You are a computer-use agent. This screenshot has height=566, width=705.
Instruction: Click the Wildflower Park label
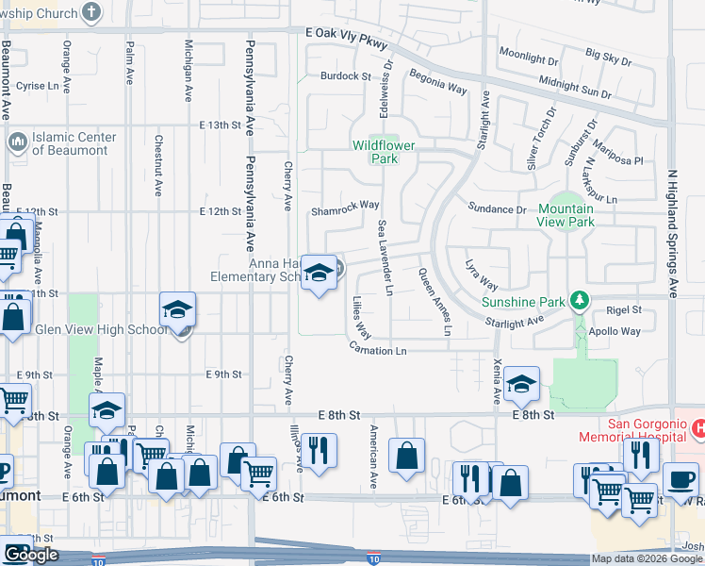click(375, 152)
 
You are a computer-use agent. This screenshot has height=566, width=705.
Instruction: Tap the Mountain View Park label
click(566, 215)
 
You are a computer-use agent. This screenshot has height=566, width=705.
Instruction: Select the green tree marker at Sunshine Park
click(582, 302)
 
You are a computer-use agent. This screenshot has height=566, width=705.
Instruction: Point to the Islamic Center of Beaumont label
click(74, 143)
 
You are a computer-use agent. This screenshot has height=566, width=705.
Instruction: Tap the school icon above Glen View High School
click(177, 310)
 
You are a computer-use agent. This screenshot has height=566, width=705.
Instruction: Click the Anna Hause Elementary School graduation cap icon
click(319, 273)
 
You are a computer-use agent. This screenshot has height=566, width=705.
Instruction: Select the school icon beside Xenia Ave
click(521, 384)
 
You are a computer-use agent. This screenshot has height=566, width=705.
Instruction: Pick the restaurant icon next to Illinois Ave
click(319, 450)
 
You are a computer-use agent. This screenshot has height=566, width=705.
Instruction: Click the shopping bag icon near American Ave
click(406, 456)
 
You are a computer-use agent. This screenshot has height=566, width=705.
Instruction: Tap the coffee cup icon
click(680, 479)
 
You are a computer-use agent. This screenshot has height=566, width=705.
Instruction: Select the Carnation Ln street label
click(377, 351)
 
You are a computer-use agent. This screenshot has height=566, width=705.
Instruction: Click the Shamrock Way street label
click(345, 205)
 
